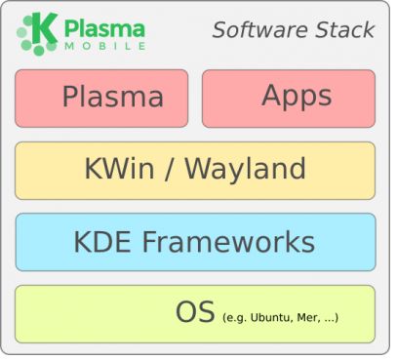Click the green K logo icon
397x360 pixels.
tap(35, 31)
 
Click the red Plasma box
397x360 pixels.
tap(101, 99)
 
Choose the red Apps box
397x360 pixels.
tap(288, 99)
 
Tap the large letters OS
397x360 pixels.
tap(196, 313)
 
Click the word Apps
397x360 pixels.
tap(297, 96)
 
